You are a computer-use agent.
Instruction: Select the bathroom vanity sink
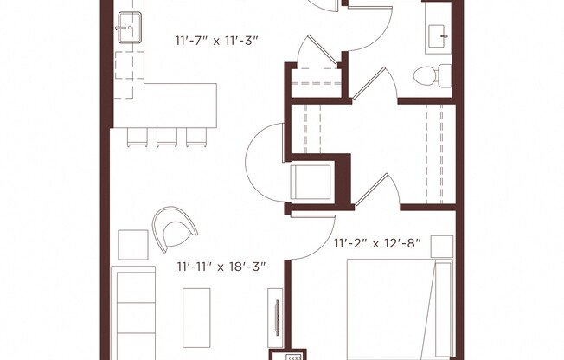click(x=438, y=35)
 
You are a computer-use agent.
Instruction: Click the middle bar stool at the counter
click(x=165, y=136)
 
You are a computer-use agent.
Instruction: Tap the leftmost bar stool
click(x=137, y=136)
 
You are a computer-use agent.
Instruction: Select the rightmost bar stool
click(x=194, y=136)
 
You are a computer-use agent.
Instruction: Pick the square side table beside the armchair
click(x=133, y=245)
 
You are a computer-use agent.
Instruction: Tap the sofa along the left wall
click(x=134, y=316)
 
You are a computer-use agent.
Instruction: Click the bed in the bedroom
click(x=398, y=312)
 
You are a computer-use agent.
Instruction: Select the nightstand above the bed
click(x=442, y=247)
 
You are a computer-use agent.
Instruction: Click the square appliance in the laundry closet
click(x=311, y=182)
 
